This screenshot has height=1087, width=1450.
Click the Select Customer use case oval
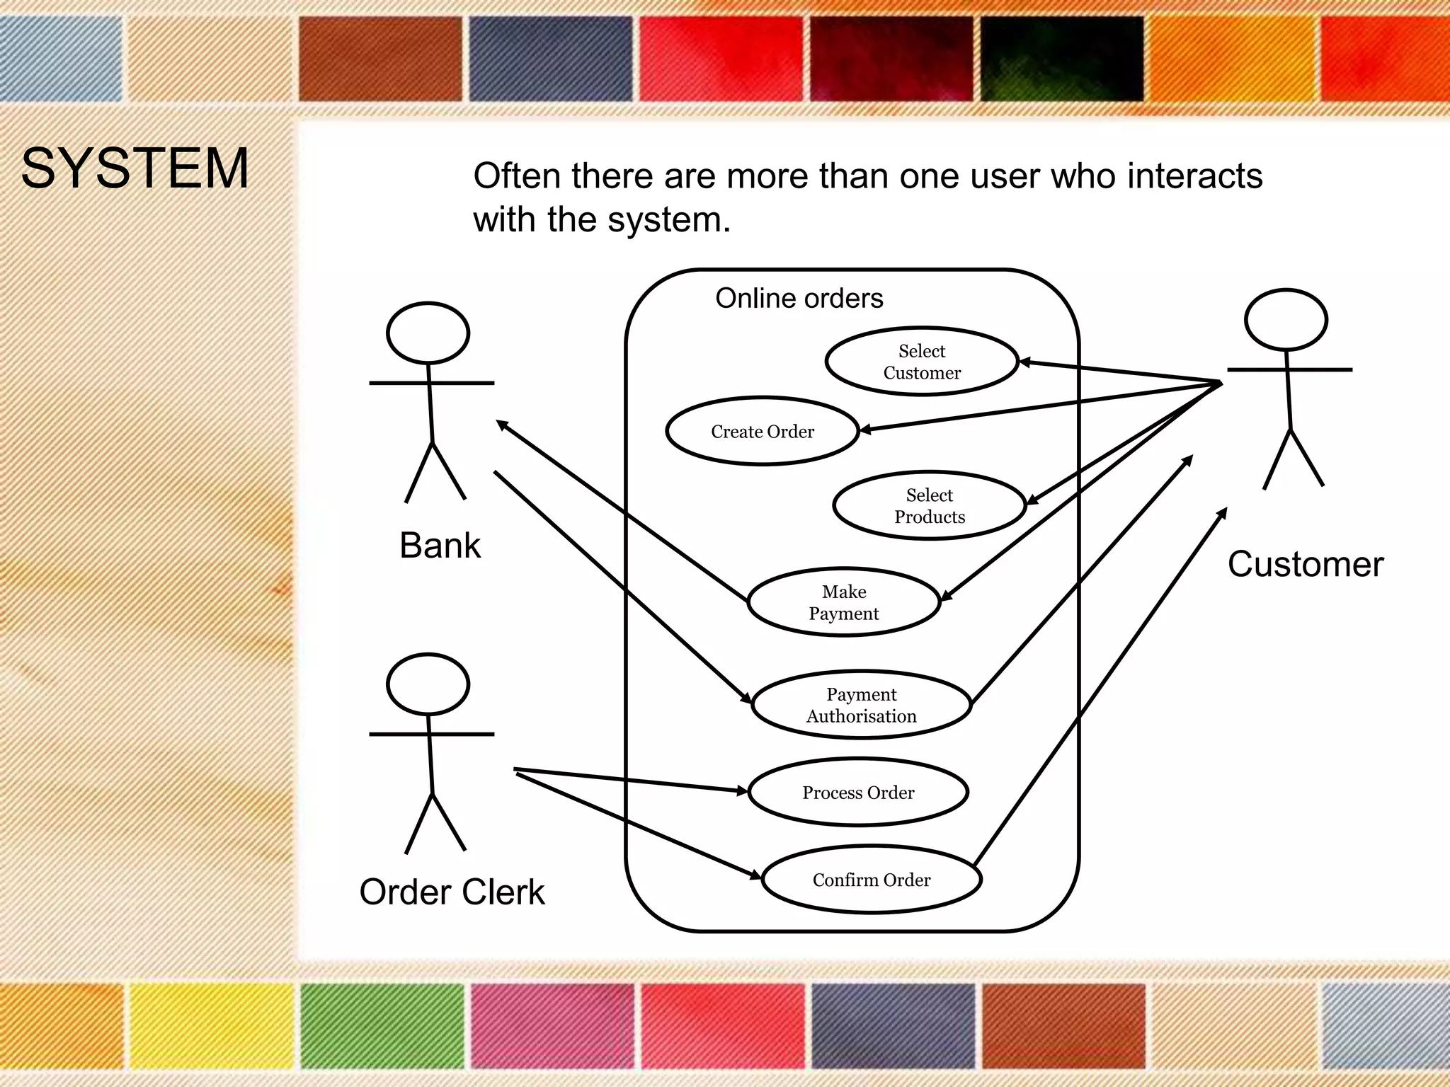tap(921, 362)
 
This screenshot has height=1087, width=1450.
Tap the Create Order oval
tap(762, 431)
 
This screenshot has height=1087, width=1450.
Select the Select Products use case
tap(929, 505)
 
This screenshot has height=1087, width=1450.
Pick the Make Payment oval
tap(843, 602)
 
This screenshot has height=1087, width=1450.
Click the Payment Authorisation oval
tap(861, 705)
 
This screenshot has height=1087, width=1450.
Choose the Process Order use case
tap(857, 792)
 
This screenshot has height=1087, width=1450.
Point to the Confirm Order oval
tap(871, 880)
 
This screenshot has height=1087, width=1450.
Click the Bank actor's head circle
tap(428, 333)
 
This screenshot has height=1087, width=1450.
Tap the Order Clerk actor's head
tap(428, 684)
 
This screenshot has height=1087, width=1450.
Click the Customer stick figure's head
tap(1285, 319)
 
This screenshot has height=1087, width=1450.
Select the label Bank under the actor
tap(440, 546)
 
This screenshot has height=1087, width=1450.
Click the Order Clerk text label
tap(452, 892)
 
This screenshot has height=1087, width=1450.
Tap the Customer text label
tap(1305, 565)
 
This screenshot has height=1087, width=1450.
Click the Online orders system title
tap(799, 299)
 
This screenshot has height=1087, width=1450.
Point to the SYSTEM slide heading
tap(135, 168)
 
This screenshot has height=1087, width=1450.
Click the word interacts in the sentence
tap(1194, 176)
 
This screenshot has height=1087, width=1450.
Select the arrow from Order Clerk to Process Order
tap(630, 779)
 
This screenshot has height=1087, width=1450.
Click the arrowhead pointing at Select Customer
tap(1024, 362)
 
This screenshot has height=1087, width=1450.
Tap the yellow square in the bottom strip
tap(211, 1026)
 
